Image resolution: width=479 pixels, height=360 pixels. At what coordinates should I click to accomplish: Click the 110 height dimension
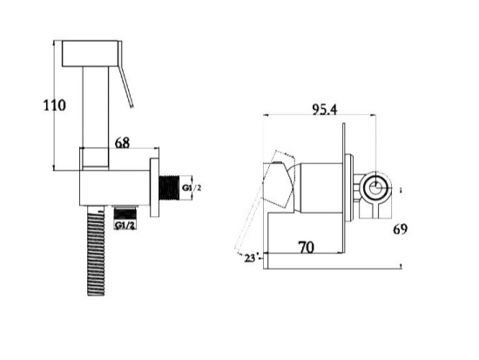54,105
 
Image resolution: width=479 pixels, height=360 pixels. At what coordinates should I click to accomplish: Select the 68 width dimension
122,143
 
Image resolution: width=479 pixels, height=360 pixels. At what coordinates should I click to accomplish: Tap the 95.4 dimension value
325,110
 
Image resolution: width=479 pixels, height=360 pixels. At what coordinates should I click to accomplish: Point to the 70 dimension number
306,248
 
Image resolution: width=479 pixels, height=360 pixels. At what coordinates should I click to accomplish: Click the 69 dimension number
400,228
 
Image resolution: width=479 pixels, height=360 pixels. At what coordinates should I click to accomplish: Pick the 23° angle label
251,258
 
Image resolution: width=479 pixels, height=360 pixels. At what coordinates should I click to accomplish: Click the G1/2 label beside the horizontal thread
192,187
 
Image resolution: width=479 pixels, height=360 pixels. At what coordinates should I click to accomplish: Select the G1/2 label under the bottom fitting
125,226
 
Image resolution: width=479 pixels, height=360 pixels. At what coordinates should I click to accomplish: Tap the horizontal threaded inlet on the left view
169,188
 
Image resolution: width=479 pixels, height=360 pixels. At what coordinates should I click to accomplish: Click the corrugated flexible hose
96,250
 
